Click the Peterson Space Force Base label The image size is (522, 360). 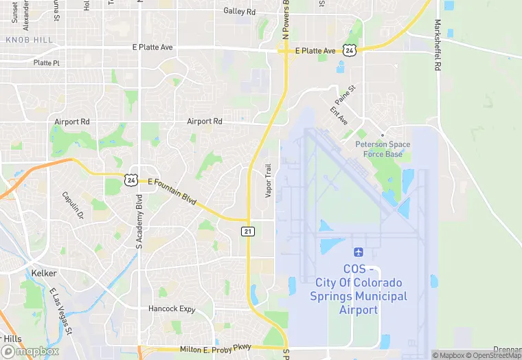(x=383, y=149)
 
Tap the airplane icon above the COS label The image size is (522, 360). (x=358, y=254)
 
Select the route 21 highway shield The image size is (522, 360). (x=248, y=232)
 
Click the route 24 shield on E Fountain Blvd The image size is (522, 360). (x=131, y=179)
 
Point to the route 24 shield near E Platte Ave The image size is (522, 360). (x=350, y=50)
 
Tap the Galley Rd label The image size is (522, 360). (x=240, y=12)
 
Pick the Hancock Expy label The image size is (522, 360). (x=172, y=309)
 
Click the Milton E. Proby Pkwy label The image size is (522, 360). (x=216, y=349)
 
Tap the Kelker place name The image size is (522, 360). (x=44, y=273)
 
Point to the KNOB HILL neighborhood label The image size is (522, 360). (x=29, y=40)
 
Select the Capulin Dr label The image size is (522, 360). (x=72, y=205)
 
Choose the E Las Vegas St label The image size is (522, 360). (x=61, y=313)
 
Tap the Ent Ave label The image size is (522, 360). (x=339, y=115)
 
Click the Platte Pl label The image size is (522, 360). (x=47, y=63)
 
